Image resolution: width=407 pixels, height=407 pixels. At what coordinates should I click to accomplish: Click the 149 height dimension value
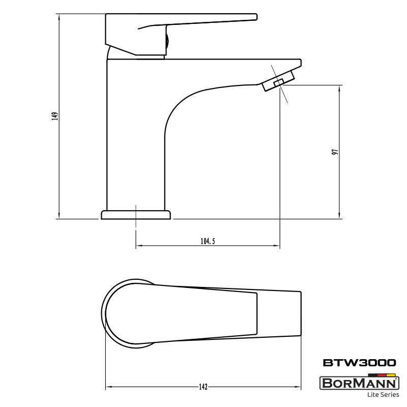(55, 116)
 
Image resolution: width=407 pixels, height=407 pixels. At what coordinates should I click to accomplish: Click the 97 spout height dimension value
(335, 152)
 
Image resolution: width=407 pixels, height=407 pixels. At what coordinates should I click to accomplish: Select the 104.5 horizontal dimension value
(208, 241)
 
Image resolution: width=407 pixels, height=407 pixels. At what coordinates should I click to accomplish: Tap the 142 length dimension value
(203, 387)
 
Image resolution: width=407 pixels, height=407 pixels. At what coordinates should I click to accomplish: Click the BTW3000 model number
(360, 363)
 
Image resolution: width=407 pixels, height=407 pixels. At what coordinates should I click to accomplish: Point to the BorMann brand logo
(359, 383)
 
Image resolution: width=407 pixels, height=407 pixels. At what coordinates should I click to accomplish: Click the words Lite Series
(383, 395)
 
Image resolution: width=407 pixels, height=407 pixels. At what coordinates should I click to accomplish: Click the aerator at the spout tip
(278, 81)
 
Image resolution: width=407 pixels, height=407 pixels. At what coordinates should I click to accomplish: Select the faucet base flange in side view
(136, 215)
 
